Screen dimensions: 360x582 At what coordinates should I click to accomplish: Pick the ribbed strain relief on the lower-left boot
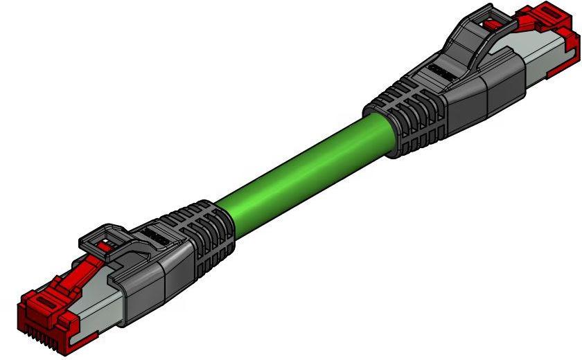coord(208,235)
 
